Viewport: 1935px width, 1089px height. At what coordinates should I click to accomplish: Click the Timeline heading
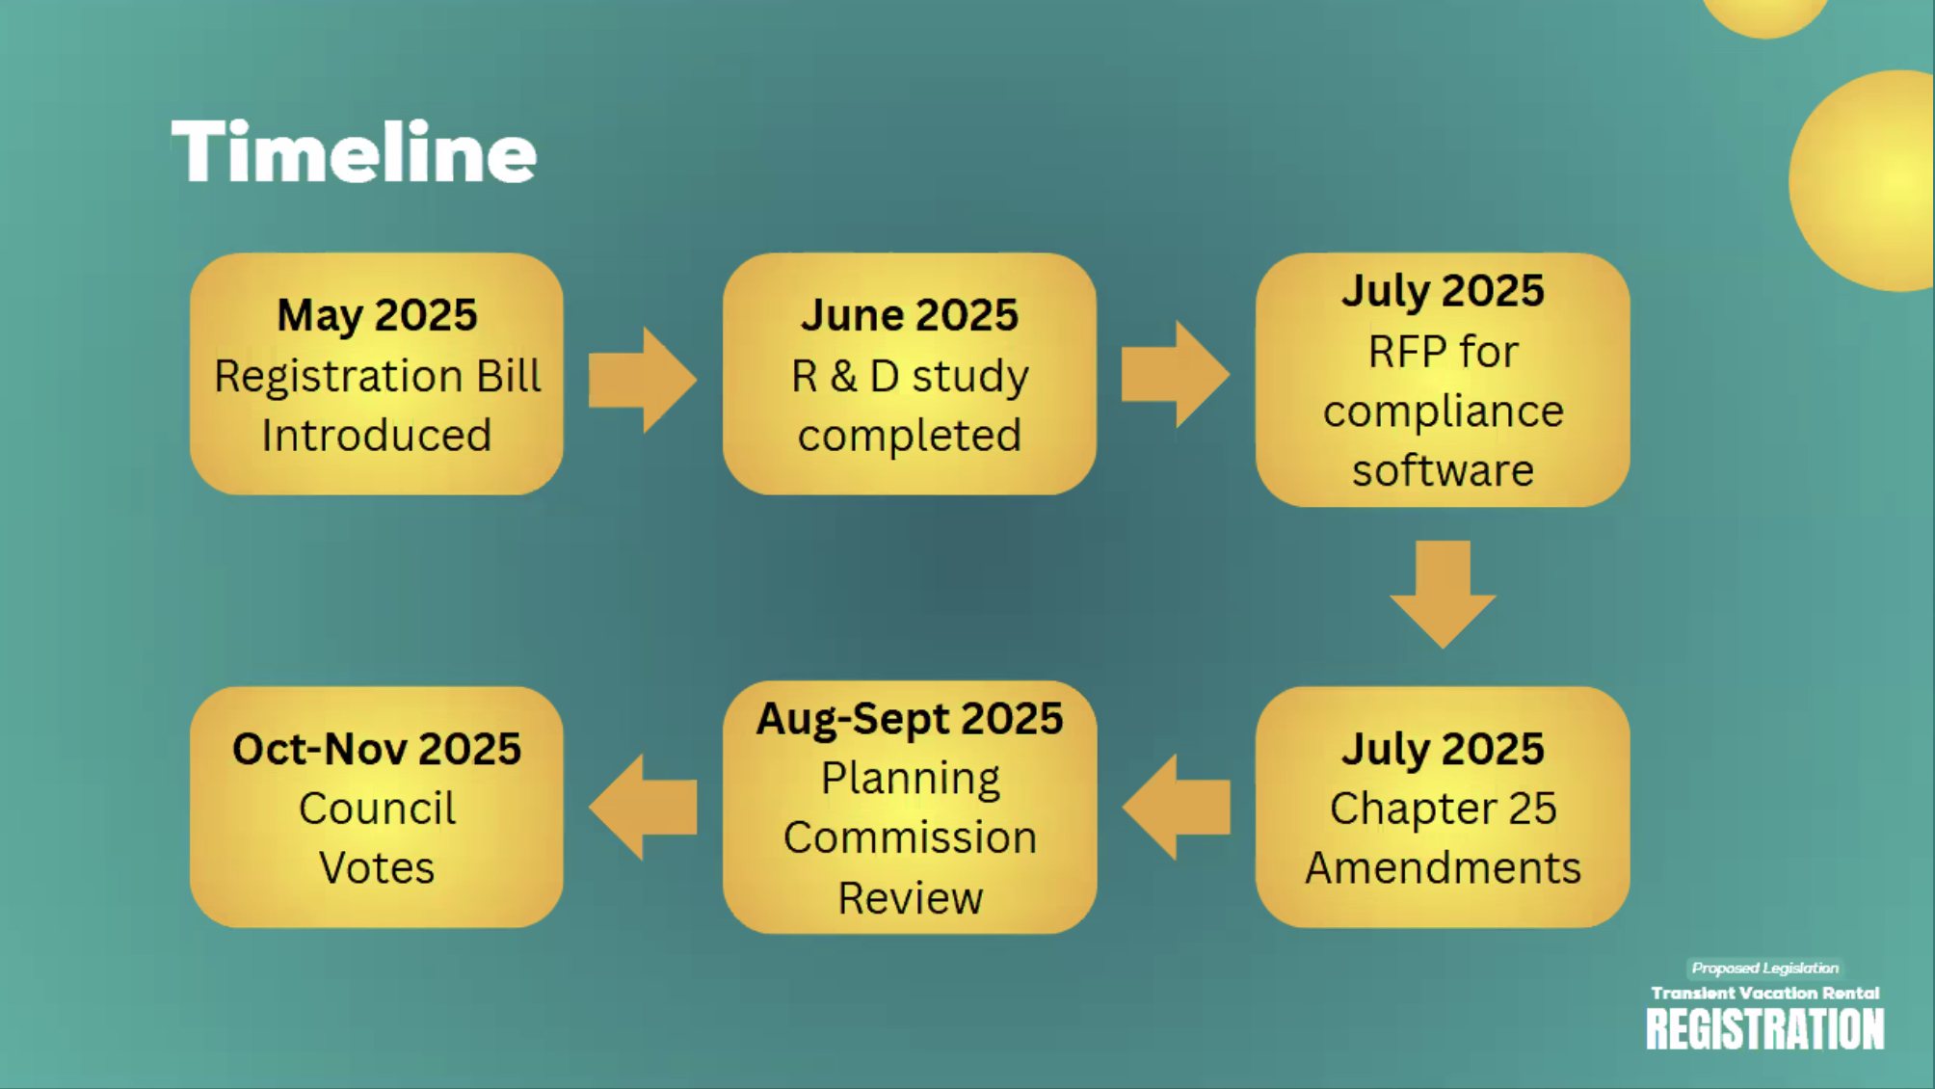coord(354,151)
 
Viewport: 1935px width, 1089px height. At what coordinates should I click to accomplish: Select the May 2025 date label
coord(377,315)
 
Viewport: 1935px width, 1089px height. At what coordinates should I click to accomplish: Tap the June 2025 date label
coord(909,315)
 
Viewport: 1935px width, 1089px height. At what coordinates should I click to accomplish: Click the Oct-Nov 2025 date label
coord(377,749)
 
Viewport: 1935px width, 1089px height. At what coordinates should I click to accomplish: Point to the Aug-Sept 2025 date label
coord(910,719)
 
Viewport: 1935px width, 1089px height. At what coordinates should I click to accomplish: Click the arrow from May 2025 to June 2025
coord(643,379)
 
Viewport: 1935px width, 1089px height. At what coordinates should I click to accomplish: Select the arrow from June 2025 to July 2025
coord(1176,375)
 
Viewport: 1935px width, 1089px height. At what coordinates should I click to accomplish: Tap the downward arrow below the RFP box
coord(1443,595)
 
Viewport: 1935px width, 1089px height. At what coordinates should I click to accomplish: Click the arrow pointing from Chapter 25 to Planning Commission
coord(1176,807)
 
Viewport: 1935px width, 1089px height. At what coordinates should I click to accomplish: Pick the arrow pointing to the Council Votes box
coord(643,807)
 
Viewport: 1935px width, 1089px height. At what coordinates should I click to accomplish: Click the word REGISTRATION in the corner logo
coord(1764,1029)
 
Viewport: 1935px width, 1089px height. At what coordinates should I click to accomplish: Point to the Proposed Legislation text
coord(1765,968)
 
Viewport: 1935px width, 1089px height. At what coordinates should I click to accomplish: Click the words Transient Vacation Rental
coord(1765,993)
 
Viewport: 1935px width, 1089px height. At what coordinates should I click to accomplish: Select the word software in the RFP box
coord(1443,470)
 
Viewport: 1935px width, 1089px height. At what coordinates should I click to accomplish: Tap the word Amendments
coord(1443,867)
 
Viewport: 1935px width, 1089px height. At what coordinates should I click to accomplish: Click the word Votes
coord(377,867)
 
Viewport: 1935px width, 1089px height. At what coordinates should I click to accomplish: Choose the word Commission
coord(910,837)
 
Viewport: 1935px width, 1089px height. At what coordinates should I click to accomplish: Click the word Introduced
coord(377,435)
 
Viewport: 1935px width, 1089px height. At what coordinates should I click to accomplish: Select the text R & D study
coord(910,377)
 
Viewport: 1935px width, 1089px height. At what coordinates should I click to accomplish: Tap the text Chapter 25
coord(1443,809)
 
